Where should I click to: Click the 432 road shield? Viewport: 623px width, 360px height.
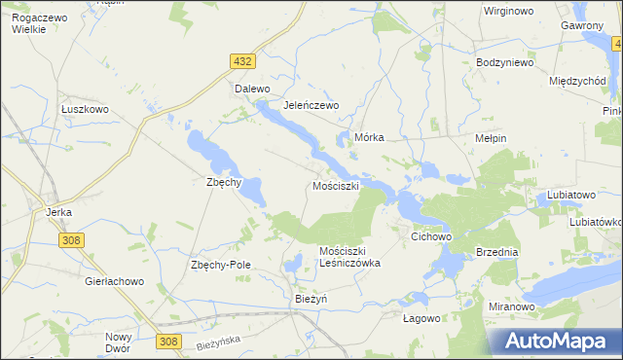coord(243,61)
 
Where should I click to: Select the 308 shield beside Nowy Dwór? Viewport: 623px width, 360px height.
coord(168,341)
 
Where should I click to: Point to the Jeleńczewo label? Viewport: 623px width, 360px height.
coord(310,105)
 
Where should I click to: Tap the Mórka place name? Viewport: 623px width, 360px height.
coord(371,138)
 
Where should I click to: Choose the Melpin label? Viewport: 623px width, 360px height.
coord(490,138)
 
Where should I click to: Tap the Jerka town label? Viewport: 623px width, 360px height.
coord(60,210)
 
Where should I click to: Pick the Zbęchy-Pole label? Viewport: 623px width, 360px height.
coord(221,266)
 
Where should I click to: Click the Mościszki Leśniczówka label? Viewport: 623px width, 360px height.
coord(349,257)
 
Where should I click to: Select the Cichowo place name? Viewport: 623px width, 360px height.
coord(432,236)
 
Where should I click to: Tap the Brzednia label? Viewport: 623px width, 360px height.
coord(497,251)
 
